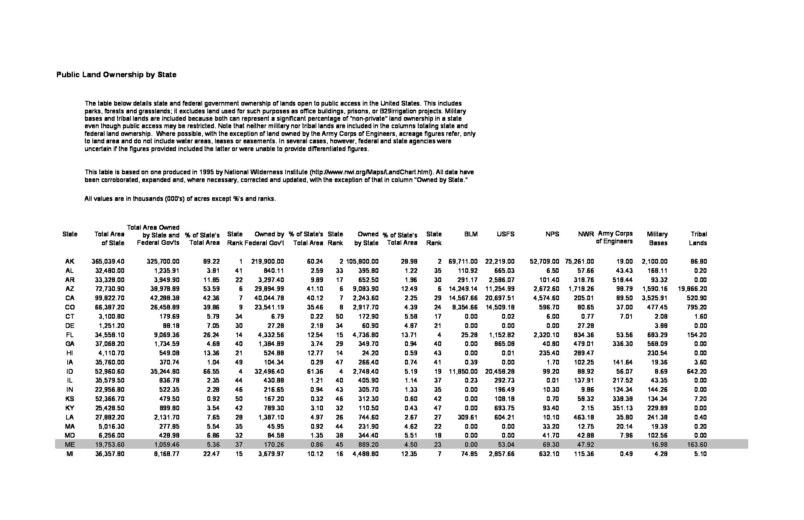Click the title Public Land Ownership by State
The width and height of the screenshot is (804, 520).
pyautogui.click(x=116, y=75)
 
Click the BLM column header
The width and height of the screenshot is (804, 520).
pyautogui.click(x=471, y=234)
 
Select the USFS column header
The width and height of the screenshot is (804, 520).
pyautogui.click(x=505, y=234)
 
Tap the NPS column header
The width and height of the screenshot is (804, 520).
pyautogui.click(x=552, y=234)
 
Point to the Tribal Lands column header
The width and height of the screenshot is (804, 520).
pyautogui.click(x=698, y=238)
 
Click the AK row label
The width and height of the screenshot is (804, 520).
pyautogui.click(x=69, y=261)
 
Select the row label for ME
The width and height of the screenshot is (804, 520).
pyautogui.click(x=69, y=445)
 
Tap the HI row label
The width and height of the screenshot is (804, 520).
pyautogui.click(x=69, y=353)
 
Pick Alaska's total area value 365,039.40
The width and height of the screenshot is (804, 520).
pyautogui.click(x=108, y=261)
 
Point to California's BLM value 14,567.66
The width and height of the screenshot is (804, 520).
pyautogui.click(x=463, y=298)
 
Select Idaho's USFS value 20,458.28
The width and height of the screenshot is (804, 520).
pyautogui.click(x=500, y=371)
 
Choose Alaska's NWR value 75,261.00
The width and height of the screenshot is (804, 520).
pyautogui.click(x=579, y=261)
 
